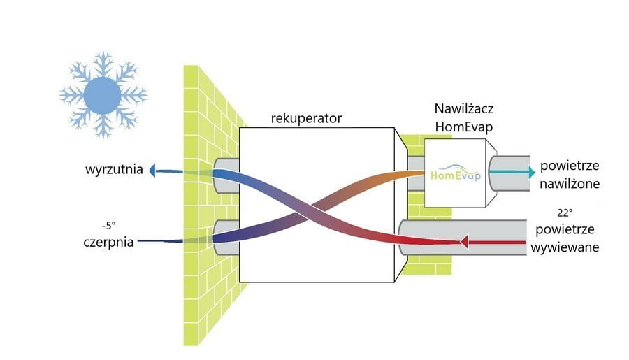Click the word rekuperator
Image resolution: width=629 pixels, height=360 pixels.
coord(306,118)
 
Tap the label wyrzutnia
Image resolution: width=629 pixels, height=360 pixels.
coord(114,169)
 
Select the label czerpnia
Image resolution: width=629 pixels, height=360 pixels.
coord(108,242)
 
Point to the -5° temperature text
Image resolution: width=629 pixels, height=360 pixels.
coord(109,226)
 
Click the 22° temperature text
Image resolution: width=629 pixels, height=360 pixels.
coord(565,213)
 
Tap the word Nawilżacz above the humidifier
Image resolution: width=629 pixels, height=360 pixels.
coord(464,109)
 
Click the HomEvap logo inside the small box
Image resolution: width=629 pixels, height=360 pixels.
coord(455,173)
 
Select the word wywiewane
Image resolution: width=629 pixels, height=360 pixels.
coord(565,247)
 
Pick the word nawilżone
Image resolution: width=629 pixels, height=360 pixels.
coord(569,184)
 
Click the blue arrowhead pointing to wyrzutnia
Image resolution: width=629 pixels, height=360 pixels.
coord(152,170)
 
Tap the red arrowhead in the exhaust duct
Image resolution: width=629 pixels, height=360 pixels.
coord(465,242)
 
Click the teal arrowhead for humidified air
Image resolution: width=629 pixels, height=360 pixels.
coord(532,173)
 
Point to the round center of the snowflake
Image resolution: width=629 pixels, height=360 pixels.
coord(102,96)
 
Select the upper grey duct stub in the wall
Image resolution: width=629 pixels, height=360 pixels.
coord(226,175)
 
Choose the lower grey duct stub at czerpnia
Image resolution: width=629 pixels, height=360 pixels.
coord(226,238)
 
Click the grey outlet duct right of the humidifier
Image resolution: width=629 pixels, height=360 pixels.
coord(509,173)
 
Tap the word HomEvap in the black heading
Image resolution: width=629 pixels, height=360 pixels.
coord(464,127)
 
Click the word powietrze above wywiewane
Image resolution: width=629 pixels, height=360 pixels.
coord(565,230)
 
